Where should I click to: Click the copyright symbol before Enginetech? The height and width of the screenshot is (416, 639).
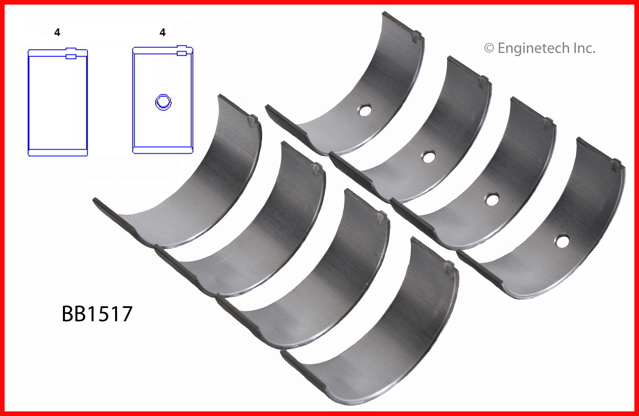click(489, 48)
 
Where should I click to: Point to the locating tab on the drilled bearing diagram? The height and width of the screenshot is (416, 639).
click(182, 50)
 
